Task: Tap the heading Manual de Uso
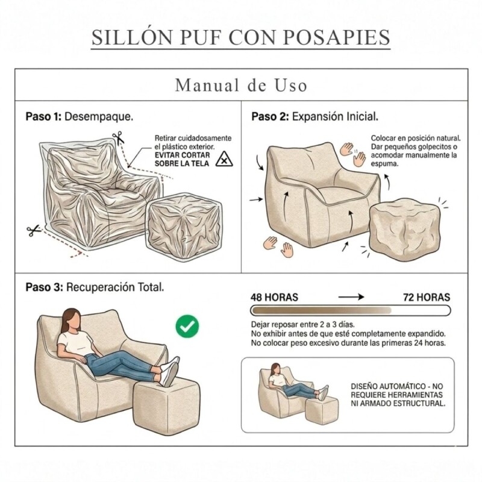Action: click(241, 86)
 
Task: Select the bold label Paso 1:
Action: click(43, 116)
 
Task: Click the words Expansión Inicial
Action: click(335, 116)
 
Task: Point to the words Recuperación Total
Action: click(114, 287)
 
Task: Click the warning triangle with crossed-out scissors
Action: click(224, 159)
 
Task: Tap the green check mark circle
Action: click(187, 327)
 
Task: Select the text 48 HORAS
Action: click(274, 297)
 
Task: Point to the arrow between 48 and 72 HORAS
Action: click(352, 297)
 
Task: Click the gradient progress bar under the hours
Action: click(350, 311)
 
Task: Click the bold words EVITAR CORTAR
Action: click(180, 155)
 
